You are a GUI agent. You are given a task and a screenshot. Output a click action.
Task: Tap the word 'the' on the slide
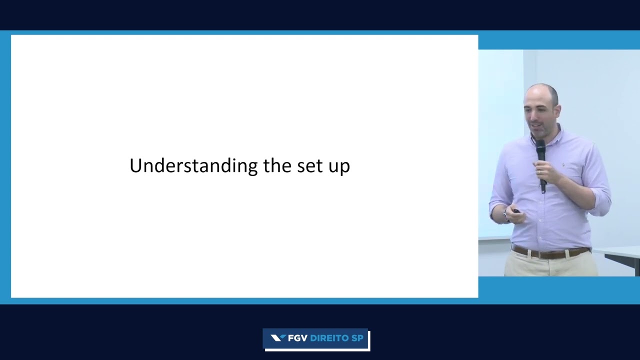click(277, 165)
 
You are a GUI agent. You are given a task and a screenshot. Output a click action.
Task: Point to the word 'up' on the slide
click(339, 168)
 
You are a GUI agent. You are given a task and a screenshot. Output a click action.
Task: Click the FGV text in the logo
click(297, 338)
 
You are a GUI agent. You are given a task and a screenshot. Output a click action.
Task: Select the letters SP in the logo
click(357, 338)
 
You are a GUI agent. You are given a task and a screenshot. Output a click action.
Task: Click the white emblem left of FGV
click(278, 338)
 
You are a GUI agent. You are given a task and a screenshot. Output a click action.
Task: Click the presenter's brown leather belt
click(550, 253)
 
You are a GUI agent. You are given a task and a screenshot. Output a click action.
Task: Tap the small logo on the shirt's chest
click(563, 165)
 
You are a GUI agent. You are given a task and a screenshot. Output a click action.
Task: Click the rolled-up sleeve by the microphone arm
click(600, 201)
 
